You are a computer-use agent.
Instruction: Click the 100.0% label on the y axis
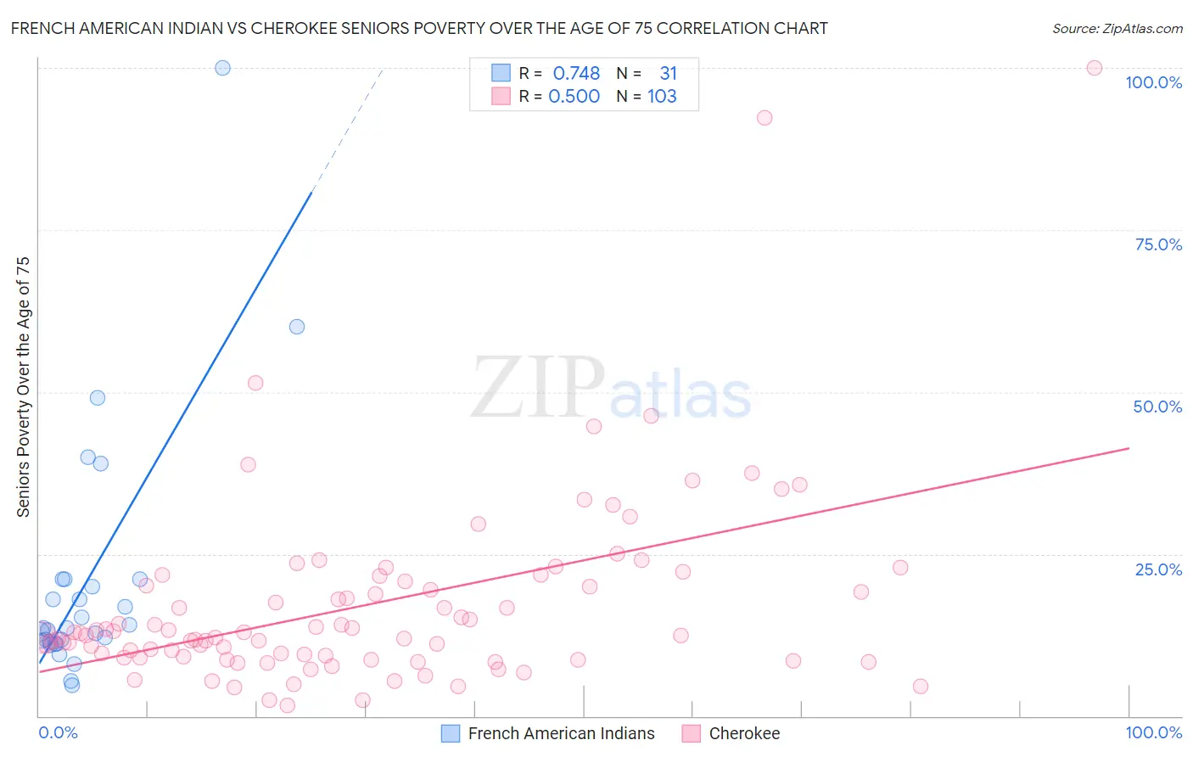[1153, 82]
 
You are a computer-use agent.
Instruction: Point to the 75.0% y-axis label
[1158, 244]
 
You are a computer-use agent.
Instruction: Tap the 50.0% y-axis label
[1157, 407]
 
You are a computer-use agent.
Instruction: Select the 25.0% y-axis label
[1158, 569]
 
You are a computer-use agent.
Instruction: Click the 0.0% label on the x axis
[58, 732]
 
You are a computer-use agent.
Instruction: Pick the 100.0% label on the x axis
[1153, 732]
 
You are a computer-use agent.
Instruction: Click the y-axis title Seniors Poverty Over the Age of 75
[23, 387]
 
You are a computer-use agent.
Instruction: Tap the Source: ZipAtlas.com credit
[1117, 28]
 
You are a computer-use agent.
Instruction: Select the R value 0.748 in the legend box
[576, 73]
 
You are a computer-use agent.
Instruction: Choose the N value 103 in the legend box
[662, 96]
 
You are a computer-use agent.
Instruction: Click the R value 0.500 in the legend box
[574, 96]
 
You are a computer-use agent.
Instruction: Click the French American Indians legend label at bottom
[561, 733]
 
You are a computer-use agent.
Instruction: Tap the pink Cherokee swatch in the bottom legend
[692, 733]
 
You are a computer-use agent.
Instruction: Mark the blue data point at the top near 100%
[222, 68]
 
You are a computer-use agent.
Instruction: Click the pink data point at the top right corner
[1095, 68]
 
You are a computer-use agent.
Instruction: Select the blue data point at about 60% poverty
[297, 327]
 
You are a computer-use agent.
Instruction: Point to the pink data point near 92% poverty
[765, 118]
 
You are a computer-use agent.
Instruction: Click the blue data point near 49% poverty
[98, 398]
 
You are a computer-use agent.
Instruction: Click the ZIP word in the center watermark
[538, 388]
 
